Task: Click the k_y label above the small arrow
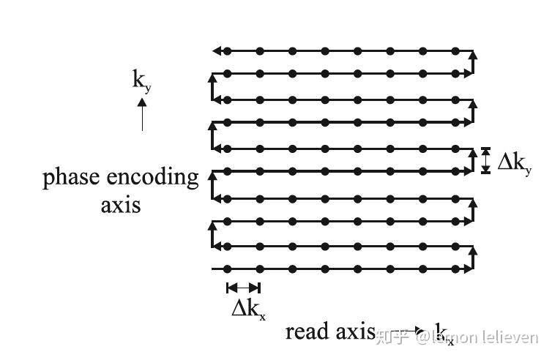pos(141,80)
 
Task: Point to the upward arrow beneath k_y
pos(142,114)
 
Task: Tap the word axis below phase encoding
pos(120,203)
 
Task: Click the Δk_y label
pos(515,162)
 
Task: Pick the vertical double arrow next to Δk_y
pos(485,160)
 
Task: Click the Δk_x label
pos(248,310)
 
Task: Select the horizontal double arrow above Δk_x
pos(243,288)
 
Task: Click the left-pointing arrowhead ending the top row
pos(216,51)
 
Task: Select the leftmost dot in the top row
pos(227,51)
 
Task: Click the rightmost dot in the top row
pos(455,51)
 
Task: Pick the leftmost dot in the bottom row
pos(227,269)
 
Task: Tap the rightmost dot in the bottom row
pos(455,269)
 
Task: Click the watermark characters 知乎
pos(394,337)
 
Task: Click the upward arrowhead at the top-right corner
pos(473,54)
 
